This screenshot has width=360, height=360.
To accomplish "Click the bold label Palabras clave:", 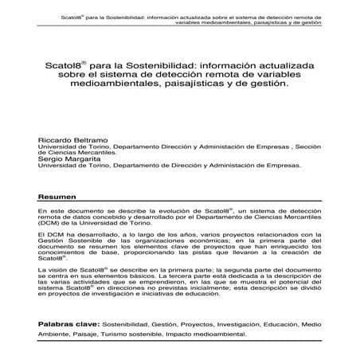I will click(x=76, y=325).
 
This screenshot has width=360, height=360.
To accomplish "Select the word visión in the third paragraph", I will click(x=59, y=272).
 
